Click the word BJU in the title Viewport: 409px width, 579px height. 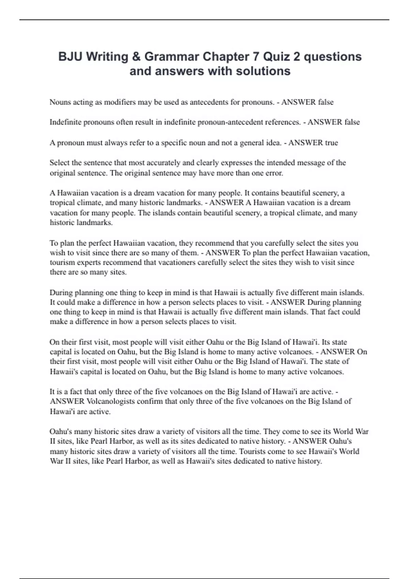[x=70, y=57]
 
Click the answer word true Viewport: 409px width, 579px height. [x=331, y=143]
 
